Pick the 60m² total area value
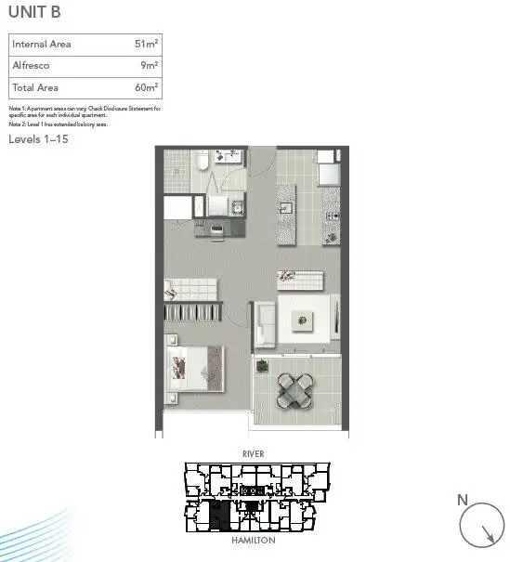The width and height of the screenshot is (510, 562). [x=146, y=87]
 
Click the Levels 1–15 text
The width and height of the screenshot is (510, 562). [x=38, y=139]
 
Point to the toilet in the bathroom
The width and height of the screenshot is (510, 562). [x=202, y=164]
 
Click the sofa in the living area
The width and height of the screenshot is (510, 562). [x=264, y=321]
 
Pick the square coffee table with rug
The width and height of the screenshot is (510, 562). [x=303, y=320]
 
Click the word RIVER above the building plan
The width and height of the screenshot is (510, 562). [x=254, y=454]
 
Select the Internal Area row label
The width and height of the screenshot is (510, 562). [x=42, y=45]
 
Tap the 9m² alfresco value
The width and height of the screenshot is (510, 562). [x=150, y=66]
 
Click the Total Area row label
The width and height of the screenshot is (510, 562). [x=34, y=87]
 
